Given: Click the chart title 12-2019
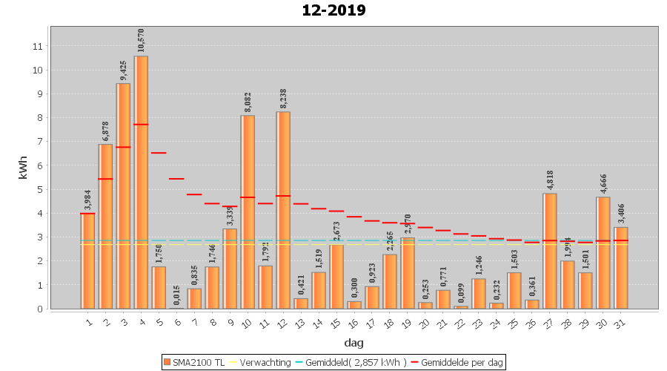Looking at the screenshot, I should pyautogui.click(x=333, y=10).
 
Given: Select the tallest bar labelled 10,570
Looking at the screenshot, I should pyautogui.click(x=141, y=182).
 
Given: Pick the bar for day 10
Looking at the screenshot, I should pyautogui.click(x=248, y=211).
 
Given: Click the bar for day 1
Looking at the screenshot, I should pyautogui.click(x=87, y=260).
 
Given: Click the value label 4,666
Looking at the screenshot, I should pyautogui.click(x=603, y=180).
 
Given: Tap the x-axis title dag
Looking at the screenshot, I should pyautogui.click(x=354, y=343).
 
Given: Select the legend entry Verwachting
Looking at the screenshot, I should pyautogui.click(x=261, y=362).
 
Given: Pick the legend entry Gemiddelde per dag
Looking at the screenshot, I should pyautogui.click(x=459, y=362).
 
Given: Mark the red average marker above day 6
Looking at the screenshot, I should pyautogui.click(x=176, y=179).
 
